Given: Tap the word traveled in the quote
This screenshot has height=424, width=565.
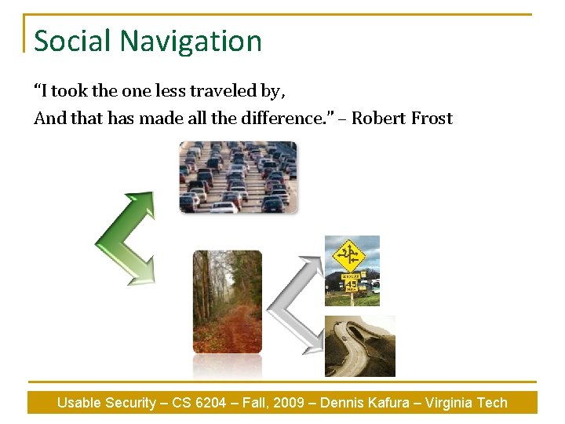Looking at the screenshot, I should tap(222, 91).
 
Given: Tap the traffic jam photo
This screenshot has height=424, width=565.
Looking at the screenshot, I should tap(238, 177).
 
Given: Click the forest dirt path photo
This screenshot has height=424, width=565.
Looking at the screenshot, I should tap(227, 302).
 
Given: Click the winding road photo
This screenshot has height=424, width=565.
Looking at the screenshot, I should tap(360, 346).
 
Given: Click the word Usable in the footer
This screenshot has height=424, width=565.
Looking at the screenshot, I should tap(78, 403).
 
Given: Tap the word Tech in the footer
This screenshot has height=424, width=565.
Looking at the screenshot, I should tap(492, 403).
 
